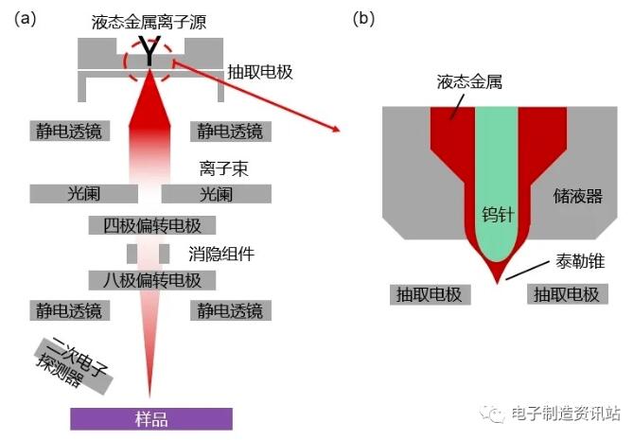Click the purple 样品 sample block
click(x=151, y=418)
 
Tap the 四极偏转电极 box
click(x=152, y=225)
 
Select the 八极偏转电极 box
click(x=152, y=280)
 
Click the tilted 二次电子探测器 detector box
click(x=73, y=366)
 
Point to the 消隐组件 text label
click(x=221, y=254)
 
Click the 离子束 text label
click(x=223, y=168)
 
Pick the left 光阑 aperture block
click(x=84, y=194)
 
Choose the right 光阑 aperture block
click(x=217, y=194)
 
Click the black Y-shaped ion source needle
click(x=149, y=51)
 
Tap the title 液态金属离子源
click(x=149, y=22)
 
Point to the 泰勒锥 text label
click(x=580, y=261)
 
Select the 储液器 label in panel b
click(x=578, y=196)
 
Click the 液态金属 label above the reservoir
click(x=469, y=82)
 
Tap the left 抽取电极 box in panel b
click(x=430, y=294)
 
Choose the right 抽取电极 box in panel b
click(x=567, y=294)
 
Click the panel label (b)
click(x=363, y=19)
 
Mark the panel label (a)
click(x=25, y=19)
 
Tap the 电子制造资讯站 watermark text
click(x=565, y=413)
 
